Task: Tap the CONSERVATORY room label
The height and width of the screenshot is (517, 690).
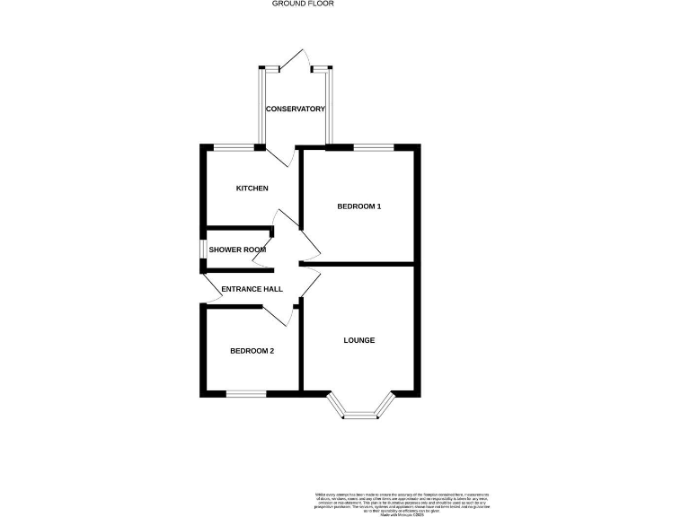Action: [x=295, y=110]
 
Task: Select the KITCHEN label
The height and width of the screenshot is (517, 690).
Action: [x=252, y=188]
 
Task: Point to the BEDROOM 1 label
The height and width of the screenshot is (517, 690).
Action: [x=359, y=206]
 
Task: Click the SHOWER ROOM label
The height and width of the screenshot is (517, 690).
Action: [x=238, y=250]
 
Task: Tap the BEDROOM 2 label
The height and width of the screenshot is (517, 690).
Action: [x=252, y=350]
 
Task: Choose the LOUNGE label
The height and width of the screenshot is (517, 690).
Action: [x=359, y=341]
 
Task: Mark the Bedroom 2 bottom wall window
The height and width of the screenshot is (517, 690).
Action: [x=245, y=393]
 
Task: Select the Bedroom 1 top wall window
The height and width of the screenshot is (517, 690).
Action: [x=373, y=146]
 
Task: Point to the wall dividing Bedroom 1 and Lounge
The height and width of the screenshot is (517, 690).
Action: [x=359, y=265]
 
